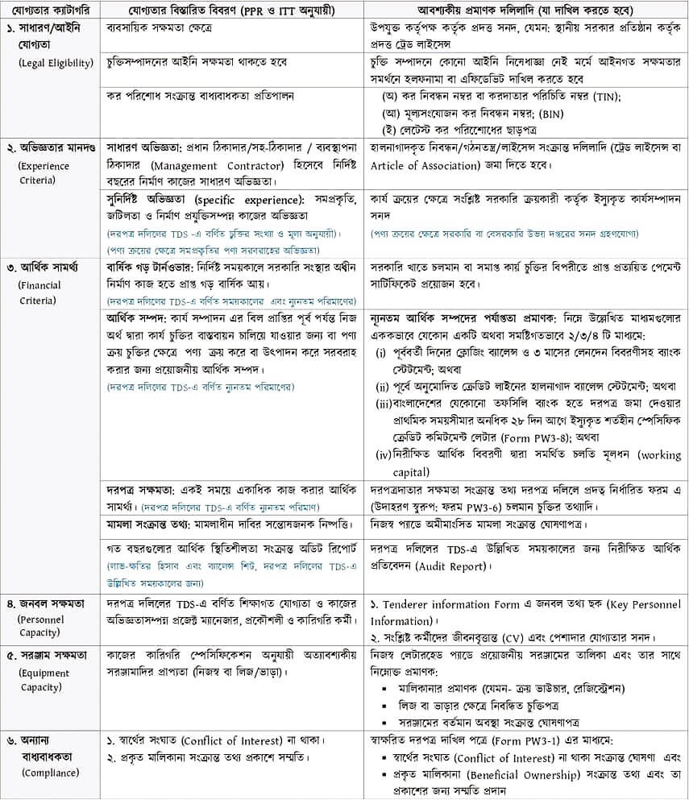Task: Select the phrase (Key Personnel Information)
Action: click(x=526, y=613)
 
